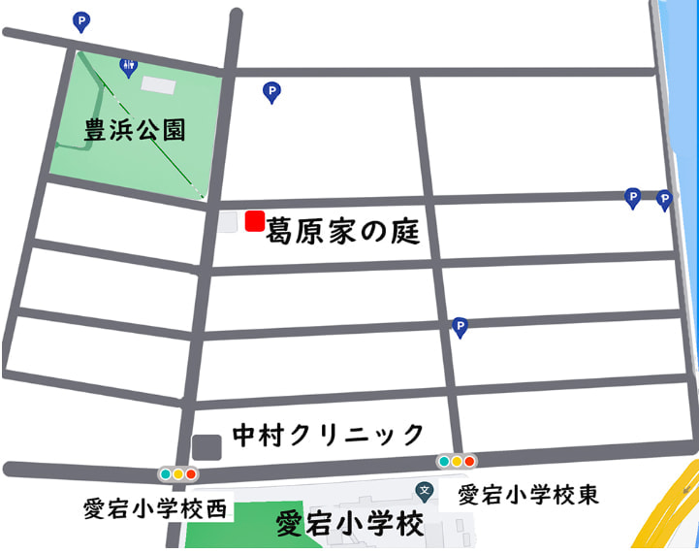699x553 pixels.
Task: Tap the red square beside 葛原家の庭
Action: coord(255,221)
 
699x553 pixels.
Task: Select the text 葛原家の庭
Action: coord(342,229)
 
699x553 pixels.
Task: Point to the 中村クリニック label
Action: coord(329,433)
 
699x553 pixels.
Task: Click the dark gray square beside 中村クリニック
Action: coord(207,447)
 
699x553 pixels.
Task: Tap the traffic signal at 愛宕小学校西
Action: coord(178,474)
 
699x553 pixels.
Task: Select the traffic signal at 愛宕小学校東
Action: coord(456,462)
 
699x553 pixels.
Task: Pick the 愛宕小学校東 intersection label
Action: coord(528,495)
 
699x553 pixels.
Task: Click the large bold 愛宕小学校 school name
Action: coord(351,525)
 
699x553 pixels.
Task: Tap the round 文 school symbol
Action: coord(424,492)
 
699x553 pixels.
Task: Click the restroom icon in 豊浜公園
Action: coord(128,66)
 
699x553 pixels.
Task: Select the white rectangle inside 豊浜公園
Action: coord(159,85)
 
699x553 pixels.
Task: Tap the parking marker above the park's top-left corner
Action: coord(81,19)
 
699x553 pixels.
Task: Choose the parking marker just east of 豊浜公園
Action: coord(272,92)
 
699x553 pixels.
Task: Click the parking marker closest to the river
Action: coord(664,199)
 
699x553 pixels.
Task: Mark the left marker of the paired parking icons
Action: coord(632,197)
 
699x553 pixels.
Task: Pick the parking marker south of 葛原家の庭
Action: coord(461,327)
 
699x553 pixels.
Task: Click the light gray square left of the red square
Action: coord(228,222)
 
